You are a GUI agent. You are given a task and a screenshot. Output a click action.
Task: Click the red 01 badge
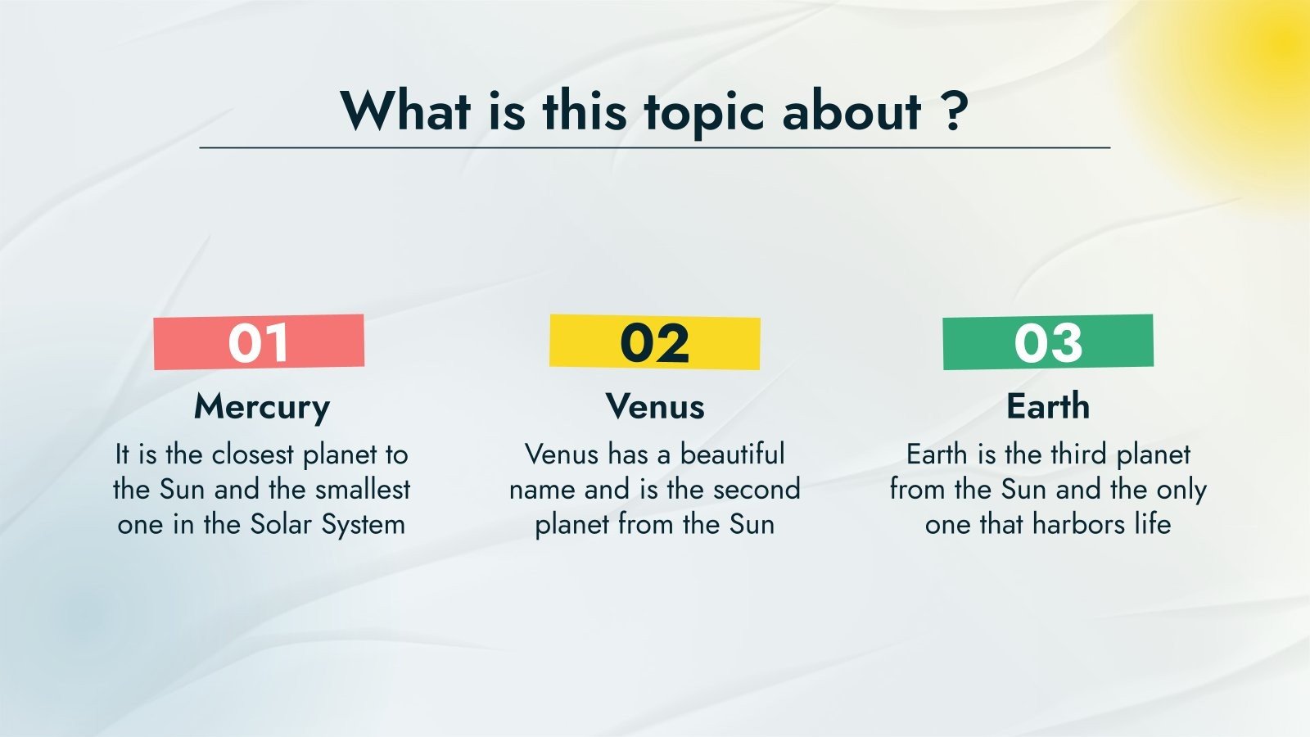(259, 342)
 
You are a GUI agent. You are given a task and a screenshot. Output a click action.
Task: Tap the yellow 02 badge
(654, 342)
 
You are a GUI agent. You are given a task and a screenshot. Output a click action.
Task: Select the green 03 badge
(1048, 342)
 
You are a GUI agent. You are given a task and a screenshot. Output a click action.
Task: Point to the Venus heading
(655, 406)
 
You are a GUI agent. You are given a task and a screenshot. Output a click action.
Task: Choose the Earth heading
(1048, 406)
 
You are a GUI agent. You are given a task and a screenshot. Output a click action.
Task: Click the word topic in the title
(705, 113)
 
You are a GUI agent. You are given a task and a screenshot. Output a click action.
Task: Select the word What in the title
(405, 111)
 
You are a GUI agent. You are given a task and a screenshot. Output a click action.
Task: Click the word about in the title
(852, 111)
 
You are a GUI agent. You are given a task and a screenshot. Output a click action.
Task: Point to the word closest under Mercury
(253, 455)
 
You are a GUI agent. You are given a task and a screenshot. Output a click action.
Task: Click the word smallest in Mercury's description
(363, 490)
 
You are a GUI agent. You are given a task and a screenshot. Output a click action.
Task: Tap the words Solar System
(327, 525)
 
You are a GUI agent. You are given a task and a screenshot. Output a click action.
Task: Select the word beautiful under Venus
(732, 454)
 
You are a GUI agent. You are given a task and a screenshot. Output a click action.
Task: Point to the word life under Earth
(1154, 524)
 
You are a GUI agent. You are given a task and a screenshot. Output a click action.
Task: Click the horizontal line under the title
(655, 148)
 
